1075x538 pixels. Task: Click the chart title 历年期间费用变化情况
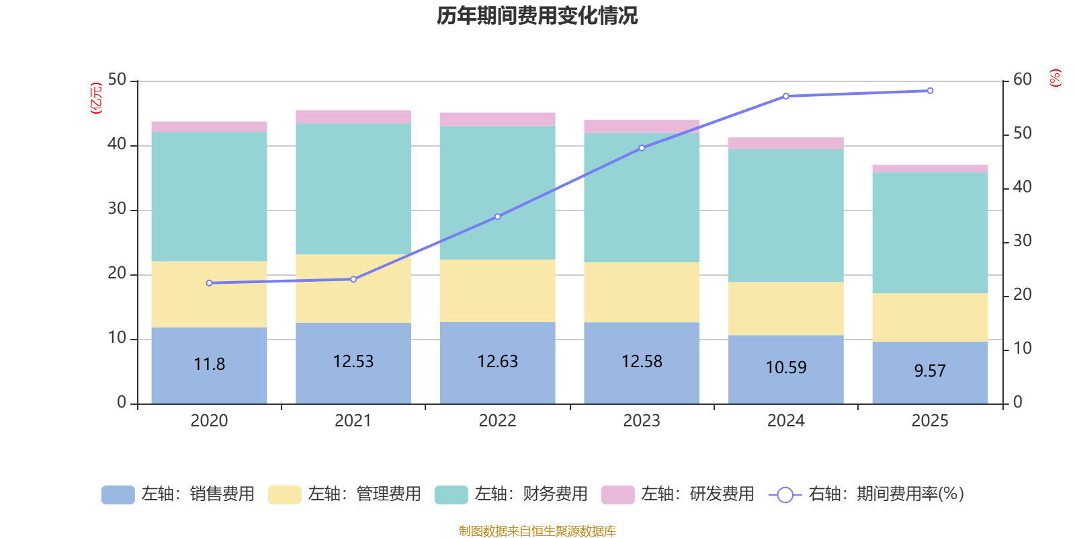pyautogui.click(x=537, y=15)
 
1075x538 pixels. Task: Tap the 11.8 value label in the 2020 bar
pyautogui.click(x=209, y=364)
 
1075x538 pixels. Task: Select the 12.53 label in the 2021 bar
pyautogui.click(x=353, y=362)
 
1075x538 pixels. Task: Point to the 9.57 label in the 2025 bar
pyautogui.click(x=930, y=371)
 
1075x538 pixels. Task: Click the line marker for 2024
pyautogui.click(x=786, y=96)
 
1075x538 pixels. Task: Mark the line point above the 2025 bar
pyautogui.click(x=930, y=91)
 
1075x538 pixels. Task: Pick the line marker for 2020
pyautogui.click(x=209, y=283)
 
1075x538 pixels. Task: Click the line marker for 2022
pyautogui.click(x=498, y=217)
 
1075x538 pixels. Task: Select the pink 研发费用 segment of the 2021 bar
pyautogui.click(x=353, y=117)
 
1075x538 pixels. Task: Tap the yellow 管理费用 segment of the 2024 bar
pyautogui.click(x=786, y=309)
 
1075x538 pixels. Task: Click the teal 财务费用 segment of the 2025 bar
pyautogui.click(x=930, y=233)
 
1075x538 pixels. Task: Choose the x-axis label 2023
pyautogui.click(x=642, y=421)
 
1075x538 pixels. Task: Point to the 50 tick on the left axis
pyautogui.click(x=117, y=80)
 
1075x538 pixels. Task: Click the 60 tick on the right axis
pyautogui.click(x=1022, y=80)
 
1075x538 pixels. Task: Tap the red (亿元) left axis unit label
pyautogui.click(x=96, y=98)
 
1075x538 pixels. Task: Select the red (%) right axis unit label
pyautogui.click(x=1055, y=78)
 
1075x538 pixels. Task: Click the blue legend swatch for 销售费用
pyautogui.click(x=118, y=495)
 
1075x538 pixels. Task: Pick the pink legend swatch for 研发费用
pyautogui.click(x=617, y=495)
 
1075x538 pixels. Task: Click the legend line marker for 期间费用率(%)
pyautogui.click(x=785, y=495)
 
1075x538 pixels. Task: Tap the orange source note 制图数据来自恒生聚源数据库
pyautogui.click(x=537, y=531)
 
